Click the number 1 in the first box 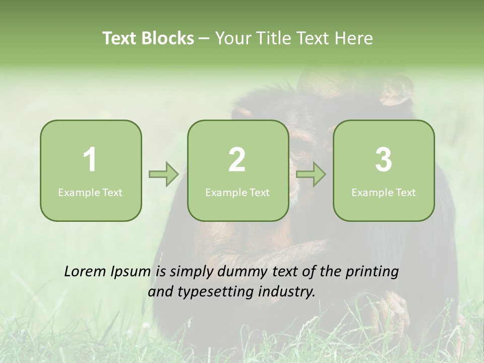coord(90,160)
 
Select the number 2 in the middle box coord(237,160)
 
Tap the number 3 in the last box coord(384,160)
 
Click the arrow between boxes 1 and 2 coord(164,174)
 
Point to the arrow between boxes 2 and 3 coord(311,174)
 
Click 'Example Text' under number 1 coord(90,192)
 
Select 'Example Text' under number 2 coord(237,192)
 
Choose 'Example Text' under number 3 coord(384,192)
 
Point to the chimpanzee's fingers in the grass coord(391,308)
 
